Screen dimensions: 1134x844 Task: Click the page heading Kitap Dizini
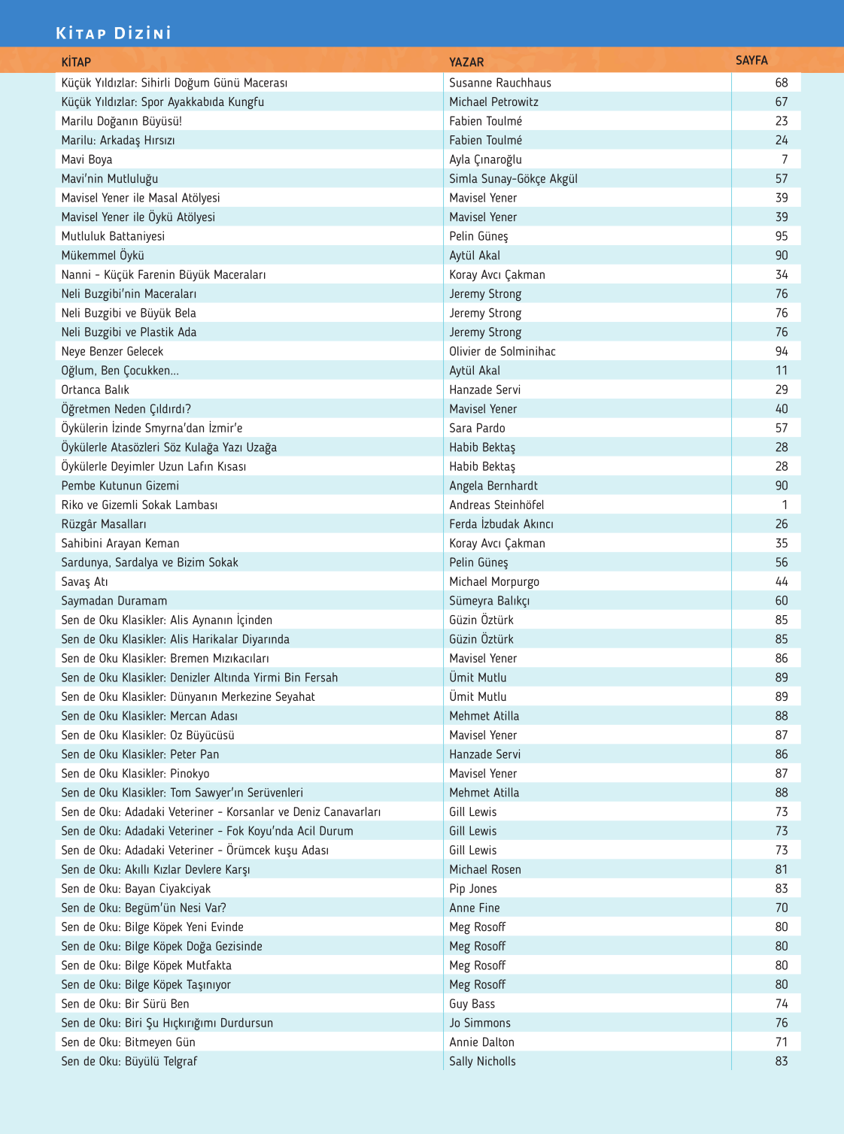coord(114,33)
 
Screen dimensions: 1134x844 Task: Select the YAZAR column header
coord(466,62)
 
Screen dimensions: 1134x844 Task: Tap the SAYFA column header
coord(751,60)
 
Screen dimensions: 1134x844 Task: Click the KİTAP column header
coord(76,62)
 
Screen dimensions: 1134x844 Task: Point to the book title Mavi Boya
coord(87,159)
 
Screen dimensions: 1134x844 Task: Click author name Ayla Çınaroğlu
coord(485,159)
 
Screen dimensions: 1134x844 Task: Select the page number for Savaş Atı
coord(782,581)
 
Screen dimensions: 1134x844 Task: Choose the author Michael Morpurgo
coord(494,581)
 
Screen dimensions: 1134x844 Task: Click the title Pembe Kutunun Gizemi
coord(120,486)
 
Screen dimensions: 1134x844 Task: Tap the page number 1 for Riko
coord(785,505)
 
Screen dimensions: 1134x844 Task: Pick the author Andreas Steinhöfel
coord(496,505)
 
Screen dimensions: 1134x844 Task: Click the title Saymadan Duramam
coord(114,601)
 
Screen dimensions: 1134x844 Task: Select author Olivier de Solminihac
coord(502,351)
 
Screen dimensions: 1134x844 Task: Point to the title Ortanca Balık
coord(96,390)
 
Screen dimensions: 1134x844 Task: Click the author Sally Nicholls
coord(482,1061)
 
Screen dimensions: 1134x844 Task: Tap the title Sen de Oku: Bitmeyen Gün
coord(129,1042)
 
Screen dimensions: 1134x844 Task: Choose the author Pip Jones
coord(473,889)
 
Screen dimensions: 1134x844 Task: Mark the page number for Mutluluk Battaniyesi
coord(782,236)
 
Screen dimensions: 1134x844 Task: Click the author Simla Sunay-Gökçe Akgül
coord(513,178)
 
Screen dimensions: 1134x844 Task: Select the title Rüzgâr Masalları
coord(104,524)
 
